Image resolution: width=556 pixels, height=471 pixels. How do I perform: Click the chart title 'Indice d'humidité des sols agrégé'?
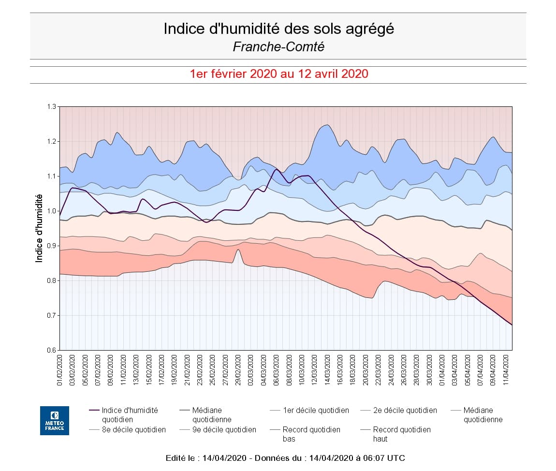tap(278, 29)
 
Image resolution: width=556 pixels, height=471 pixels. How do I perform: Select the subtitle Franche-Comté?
tap(278, 46)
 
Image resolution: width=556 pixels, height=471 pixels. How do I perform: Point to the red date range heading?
tap(279, 74)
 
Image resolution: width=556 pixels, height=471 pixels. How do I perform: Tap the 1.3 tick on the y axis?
tap(52, 106)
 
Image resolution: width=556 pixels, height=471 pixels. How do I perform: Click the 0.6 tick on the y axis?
tap(52, 350)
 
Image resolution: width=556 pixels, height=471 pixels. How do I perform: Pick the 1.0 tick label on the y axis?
tap(52, 211)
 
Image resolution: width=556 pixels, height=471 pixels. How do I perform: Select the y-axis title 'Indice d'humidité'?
tap(39, 228)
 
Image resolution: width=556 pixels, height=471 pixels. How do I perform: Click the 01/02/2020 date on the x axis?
tap(60, 370)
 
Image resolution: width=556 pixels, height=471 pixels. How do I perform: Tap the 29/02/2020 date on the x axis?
tap(238, 370)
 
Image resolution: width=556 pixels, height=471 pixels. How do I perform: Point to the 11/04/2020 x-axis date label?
tap(506, 370)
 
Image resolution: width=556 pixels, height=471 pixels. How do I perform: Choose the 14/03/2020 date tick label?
tap(327, 370)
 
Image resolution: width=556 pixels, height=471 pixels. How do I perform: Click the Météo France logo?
tap(54, 420)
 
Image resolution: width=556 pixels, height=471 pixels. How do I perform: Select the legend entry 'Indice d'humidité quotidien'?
tap(130, 415)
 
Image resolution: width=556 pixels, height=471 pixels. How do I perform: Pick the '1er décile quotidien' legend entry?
tap(316, 410)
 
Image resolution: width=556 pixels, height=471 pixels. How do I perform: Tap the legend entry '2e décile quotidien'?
tap(405, 410)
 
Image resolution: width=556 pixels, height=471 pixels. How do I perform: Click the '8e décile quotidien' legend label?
tap(133, 429)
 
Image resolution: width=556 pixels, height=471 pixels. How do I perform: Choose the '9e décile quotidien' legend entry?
tap(224, 429)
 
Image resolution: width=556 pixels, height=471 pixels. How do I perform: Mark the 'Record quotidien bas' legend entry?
tap(311, 434)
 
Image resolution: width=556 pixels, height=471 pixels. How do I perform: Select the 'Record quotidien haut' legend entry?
tap(402, 434)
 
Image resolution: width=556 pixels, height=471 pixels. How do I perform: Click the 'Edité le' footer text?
tap(285, 457)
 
